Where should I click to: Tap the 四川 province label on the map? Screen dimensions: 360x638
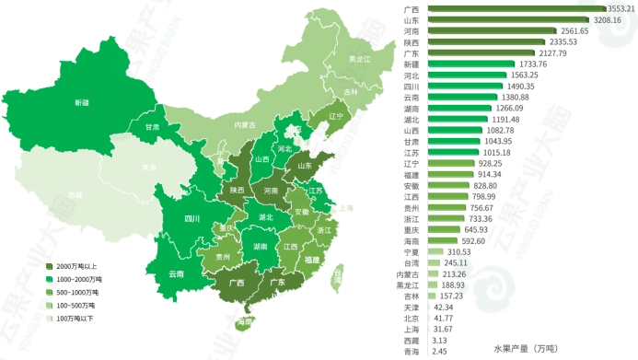(x=191, y=219)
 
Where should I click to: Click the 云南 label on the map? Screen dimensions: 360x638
(x=175, y=273)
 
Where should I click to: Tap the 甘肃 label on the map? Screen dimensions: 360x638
(x=151, y=126)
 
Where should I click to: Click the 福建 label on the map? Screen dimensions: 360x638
(x=311, y=260)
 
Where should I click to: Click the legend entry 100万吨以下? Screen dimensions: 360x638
(x=81, y=318)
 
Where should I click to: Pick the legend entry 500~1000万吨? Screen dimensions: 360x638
(x=81, y=292)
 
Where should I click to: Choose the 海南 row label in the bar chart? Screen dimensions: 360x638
(x=411, y=240)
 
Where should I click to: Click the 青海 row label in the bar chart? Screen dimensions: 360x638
(x=411, y=351)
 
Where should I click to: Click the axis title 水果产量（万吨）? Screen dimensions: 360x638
(x=525, y=348)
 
